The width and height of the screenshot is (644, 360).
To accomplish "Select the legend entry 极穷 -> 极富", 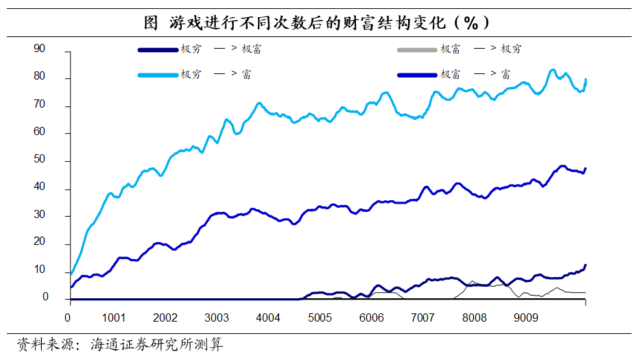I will click(200, 49).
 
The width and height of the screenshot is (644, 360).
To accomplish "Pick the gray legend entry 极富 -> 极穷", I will click(459, 49).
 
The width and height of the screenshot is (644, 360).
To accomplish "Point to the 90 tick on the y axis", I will click(39, 49).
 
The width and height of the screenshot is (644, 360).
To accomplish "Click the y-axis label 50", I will click(39, 159).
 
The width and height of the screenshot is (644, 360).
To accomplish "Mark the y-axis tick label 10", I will click(39, 270).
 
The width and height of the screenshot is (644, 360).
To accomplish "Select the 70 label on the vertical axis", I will click(39, 104).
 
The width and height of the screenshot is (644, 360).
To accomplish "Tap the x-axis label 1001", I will click(113, 318).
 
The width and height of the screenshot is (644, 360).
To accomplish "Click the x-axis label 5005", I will click(320, 318).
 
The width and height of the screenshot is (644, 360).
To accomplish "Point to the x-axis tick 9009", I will click(525, 318).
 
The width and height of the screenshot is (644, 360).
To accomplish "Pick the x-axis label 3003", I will click(217, 318).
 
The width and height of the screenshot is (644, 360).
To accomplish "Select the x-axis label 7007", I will click(422, 318).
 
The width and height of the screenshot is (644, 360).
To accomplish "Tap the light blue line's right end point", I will click(586, 80).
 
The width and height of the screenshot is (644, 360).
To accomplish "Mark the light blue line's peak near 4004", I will click(259, 103).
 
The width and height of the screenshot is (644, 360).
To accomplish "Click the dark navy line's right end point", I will click(586, 265).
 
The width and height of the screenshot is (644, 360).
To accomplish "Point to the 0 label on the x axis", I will click(67, 318).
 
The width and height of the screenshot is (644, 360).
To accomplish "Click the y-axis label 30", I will click(39, 215).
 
